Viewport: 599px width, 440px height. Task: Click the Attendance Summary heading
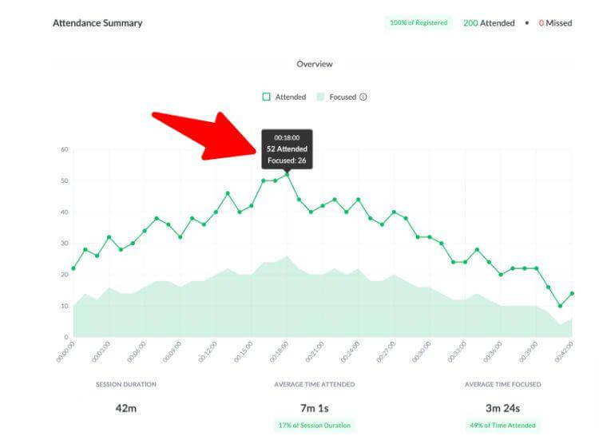pyautogui.click(x=97, y=23)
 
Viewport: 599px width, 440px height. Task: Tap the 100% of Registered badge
pyautogui.click(x=419, y=23)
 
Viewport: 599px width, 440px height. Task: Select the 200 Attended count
pyautogui.click(x=489, y=23)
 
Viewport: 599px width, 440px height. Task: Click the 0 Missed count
pyautogui.click(x=555, y=23)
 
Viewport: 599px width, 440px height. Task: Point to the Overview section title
pyautogui.click(x=314, y=64)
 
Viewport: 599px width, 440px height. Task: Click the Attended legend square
pyautogui.click(x=266, y=97)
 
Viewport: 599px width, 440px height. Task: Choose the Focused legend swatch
pyautogui.click(x=320, y=97)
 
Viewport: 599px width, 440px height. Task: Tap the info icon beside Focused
pyautogui.click(x=363, y=97)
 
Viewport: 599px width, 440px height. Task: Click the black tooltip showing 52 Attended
pyautogui.click(x=287, y=149)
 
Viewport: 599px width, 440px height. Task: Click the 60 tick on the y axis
pyautogui.click(x=65, y=149)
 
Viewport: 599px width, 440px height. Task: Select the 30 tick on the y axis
pyautogui.click(x=65, y=244)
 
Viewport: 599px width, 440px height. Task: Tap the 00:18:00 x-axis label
pyautogui.click(x=280, y=354)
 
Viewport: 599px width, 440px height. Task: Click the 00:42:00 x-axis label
pyautogui.click(x=565, y=354)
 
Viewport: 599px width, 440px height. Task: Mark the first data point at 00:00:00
pyautogui.click(x=73, y=268)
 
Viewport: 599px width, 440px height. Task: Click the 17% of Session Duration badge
pyautogui.click(x=314, y=425)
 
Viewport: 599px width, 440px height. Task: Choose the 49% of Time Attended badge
pyautogui.click(x=503, y=425)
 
